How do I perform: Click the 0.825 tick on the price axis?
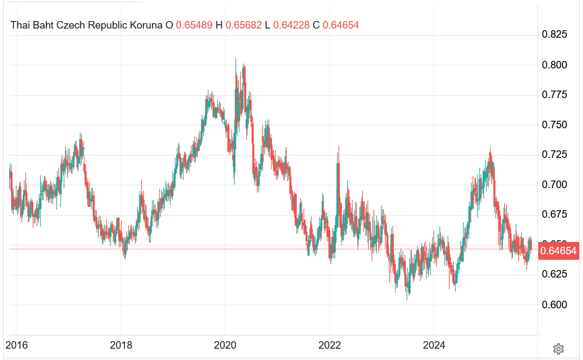coord(554,35)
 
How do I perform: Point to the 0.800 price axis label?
coord(554,65)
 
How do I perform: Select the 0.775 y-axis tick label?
coord(554,95)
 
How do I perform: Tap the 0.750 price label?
coord(554,125)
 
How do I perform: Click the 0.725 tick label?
coord(554,155)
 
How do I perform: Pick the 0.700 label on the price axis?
coord(554,185)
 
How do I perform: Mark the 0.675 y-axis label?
coord(554,214)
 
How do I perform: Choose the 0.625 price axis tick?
coord(554,274)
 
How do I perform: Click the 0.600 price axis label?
coord(554,304)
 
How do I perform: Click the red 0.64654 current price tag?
coord(558,251)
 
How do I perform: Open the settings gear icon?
coord(558,349)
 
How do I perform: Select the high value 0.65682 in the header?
coord(244,25)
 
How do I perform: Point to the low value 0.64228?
coord(291,25)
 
